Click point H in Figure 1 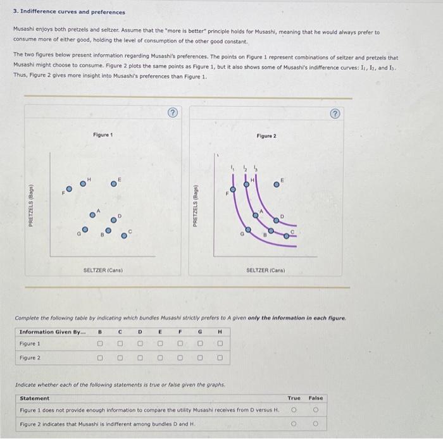(82, 184)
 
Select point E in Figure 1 (114, 184)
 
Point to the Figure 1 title (103, 135)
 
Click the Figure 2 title (266, 136)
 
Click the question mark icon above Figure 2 (335, 114)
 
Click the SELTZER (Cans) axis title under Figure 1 (103, 270)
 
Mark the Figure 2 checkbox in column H (220, 358)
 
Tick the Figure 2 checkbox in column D (140, 358)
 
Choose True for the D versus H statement (294, 410)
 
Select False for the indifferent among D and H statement (315, 424)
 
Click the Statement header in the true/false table (34, 398)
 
